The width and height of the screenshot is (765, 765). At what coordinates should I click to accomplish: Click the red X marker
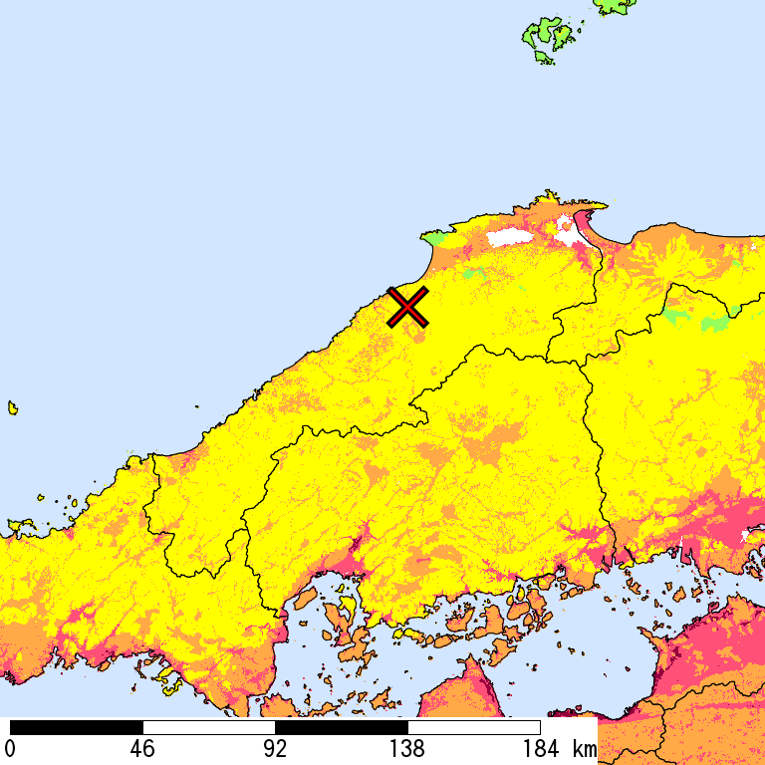[x=408, y=307]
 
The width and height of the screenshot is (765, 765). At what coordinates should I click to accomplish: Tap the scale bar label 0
[x=10, y=749]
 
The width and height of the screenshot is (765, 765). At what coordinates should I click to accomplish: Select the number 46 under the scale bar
[x=142, y=749]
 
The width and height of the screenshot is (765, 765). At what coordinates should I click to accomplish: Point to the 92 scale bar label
[x=275, y=749]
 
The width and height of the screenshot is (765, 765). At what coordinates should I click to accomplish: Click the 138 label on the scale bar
[x=407, y=749]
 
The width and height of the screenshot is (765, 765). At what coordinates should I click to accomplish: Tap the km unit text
[x=585, y=749]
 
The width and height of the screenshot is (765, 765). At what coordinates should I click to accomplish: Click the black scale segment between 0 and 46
[x=77, y=727]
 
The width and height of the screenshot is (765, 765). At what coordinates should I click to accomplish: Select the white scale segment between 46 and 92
[x=209, y=727]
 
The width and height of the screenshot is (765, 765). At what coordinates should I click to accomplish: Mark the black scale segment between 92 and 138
[x=342, y=727]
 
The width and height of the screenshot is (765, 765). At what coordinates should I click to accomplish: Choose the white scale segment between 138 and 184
[x=474, y=727]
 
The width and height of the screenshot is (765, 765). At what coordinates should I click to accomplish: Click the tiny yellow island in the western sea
[x=13, y=407]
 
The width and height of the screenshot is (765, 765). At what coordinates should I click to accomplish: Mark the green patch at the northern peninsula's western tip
[x=433, y=238]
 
